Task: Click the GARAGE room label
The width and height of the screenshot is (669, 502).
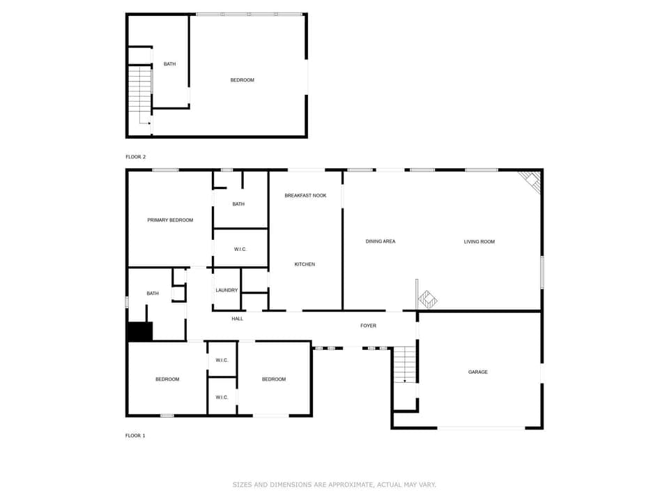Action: tap(477, 372)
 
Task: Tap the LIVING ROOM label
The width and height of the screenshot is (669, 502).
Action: tap(479, 242)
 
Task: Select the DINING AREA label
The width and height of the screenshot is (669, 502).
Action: tap(380, 242)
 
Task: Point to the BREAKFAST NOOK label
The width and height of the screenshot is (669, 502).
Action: tap(305, 196)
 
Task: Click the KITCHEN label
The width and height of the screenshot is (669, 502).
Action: tap(305, 264)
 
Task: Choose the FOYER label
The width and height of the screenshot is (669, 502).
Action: tap(368, 326)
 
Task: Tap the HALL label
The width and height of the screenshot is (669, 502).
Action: tap(237, 319)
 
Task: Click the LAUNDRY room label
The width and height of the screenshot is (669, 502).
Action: tap(226, 290)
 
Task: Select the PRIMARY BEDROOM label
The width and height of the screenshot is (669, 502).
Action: tap(170, 220)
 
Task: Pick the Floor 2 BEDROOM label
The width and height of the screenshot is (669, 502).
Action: tap(242, 80)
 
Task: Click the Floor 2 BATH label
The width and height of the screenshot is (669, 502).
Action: tap(169, 64)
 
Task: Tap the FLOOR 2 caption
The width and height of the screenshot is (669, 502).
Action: tap(135, 157)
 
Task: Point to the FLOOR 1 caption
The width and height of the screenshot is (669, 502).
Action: tap(135, 436)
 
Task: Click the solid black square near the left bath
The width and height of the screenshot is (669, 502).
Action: tap(139, 332)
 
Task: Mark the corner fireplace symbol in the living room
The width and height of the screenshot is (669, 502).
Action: tap(532, 181)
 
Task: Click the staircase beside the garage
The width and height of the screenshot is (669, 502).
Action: tap(405, 365)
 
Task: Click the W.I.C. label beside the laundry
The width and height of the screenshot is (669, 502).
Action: tap(240, 250)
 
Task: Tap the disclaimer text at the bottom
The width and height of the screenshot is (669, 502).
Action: tap(334, 484)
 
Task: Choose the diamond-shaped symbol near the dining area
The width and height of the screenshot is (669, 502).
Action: tap(426, 300)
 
